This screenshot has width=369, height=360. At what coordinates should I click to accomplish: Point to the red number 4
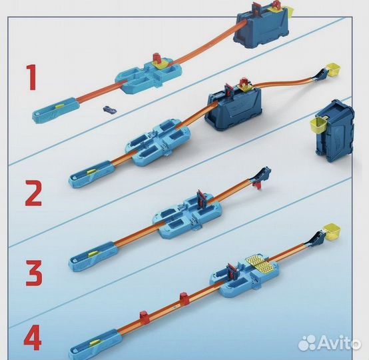coord(31,337)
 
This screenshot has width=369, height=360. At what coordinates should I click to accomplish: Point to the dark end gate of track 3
coord(265,176)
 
